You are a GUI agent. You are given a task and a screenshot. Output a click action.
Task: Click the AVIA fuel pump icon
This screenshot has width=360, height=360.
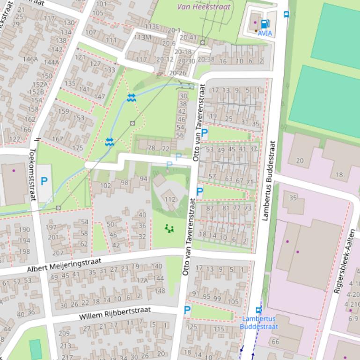tap(264, 24)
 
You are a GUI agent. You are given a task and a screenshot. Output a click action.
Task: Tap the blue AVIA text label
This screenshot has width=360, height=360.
tap(264, 34)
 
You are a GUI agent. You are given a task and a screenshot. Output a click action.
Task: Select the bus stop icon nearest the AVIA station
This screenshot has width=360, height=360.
tap(287, 14)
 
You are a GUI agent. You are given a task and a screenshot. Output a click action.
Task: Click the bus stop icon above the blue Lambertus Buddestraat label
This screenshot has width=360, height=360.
tap(258, 310)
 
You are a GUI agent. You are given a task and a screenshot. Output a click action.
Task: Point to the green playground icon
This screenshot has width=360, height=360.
tap(169, 228)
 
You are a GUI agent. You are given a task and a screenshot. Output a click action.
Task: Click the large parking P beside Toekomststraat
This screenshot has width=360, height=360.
tap(44, 181)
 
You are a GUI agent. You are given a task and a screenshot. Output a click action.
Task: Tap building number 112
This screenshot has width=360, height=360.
tap(170, 200)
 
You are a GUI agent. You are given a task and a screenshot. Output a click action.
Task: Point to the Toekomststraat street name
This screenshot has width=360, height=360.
tap(33, 174)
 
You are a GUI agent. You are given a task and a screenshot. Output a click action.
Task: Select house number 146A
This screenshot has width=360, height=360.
tap(30, 59)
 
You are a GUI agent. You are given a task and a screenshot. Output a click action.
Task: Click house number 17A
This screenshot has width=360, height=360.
tap(142, 281)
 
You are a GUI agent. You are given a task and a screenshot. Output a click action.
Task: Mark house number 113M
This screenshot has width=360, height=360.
tap(142, 37)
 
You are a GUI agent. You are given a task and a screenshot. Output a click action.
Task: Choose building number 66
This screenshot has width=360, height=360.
tap(275, 342)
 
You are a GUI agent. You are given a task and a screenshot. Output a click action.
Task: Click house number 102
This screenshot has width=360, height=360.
tap(106, 185)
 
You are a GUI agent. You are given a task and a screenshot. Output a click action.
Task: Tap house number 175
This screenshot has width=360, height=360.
tap(78, 148)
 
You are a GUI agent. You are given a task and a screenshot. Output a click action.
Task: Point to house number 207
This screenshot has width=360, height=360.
tap(58, 253)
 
